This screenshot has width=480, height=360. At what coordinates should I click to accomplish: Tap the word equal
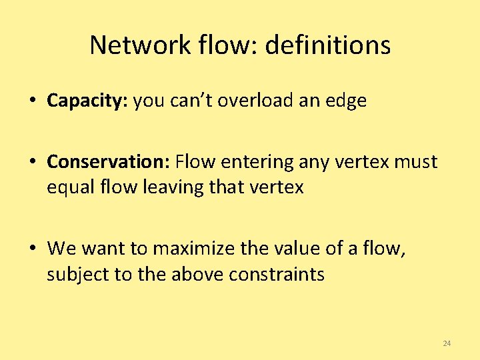[x=71, y=188]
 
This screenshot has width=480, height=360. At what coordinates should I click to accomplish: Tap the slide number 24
[x=447, y=343]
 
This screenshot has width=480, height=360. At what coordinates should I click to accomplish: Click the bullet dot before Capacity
[x=32, y=102]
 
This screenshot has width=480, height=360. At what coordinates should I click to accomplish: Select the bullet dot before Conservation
[x=32, y=163]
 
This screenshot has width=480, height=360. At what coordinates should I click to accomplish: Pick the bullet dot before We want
[x=32, y=249]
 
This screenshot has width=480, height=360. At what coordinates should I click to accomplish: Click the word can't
[x=194, y=101]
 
